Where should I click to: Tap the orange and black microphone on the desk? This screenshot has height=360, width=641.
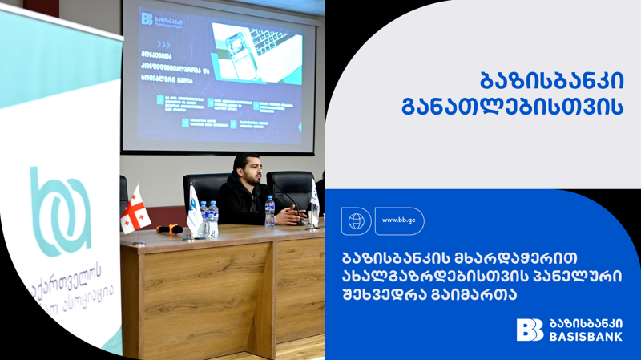[170, 229]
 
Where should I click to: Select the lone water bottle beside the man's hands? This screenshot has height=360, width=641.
[270, 211]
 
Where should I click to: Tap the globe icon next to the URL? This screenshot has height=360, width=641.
[356, 220]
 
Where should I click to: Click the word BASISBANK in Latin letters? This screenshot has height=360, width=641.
[587, 337]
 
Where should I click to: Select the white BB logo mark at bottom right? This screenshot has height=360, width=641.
[530, 330]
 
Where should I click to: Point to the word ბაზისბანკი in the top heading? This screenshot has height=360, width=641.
[551, 81]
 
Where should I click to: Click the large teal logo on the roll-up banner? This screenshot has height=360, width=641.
[60, 211]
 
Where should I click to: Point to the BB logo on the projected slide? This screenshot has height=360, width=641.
[147, 18]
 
